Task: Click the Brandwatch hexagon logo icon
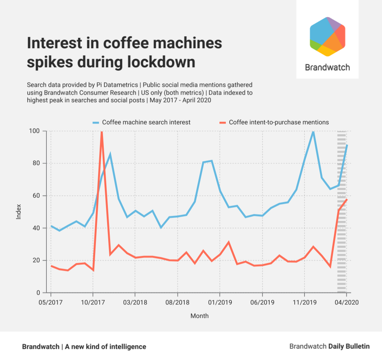[327, 36]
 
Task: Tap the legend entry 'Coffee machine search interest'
[146, 122]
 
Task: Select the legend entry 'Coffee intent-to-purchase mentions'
[279, 122]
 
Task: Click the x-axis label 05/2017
[51, 302]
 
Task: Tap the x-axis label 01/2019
[219, 302]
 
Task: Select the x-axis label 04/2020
[346, 302]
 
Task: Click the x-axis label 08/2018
[177, 302]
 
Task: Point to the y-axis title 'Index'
[19, 212]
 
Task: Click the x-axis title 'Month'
[199, 316]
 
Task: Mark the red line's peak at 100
[101, 132]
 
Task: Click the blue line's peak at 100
[313, 131]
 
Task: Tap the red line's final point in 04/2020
[347, 199]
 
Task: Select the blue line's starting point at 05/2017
[51, 226]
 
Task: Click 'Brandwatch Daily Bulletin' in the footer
[329, 347]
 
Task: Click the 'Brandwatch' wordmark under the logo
[327, 67]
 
